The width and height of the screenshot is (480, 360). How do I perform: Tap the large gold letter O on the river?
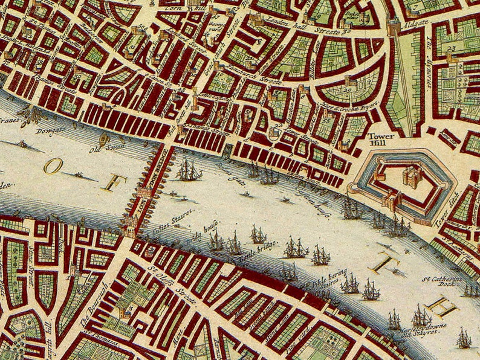click(53, 165)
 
